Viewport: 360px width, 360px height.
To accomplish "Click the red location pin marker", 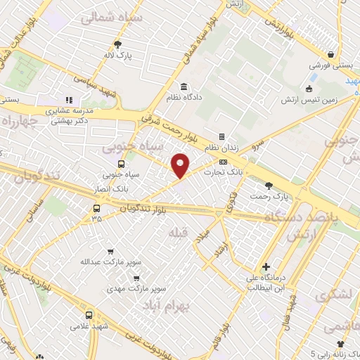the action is pyautogui.click(x=181, y=165).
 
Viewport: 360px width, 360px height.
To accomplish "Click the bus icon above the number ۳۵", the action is pyautogui.click(x=96, y=208).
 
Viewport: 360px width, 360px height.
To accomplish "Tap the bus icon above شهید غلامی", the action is pyautogui.click(x=89, y=315).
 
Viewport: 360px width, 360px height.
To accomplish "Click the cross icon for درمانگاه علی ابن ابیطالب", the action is pyautogui.click(x=266, y=266).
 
